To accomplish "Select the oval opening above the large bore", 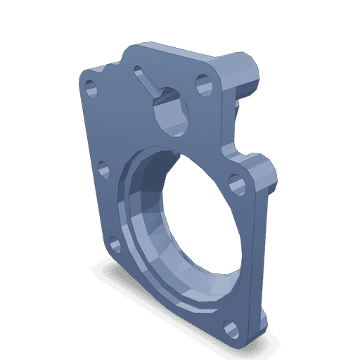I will click(169, 109).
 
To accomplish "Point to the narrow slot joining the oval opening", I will click(150, 85).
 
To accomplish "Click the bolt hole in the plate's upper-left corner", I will click(91, 89).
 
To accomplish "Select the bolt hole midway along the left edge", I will click(102, 168).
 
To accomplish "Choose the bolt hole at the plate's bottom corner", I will click(229, 328).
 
